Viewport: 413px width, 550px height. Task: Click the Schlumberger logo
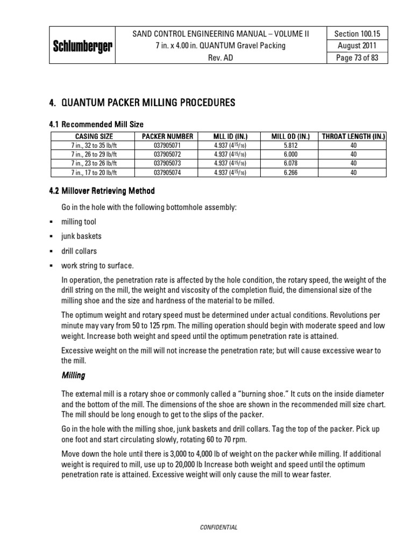coord(82,46)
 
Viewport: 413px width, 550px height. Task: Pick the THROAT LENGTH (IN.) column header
coord(353,136)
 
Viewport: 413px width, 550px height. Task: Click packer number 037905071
coord(168,145)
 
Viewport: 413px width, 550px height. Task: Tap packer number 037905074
coord(168,172)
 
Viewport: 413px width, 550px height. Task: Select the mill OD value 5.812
coord(291,145)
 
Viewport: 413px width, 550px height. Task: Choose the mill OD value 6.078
coord(291,163)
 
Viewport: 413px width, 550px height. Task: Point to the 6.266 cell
coord(291,172)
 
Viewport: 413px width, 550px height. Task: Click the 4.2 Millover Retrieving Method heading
coord(102,191)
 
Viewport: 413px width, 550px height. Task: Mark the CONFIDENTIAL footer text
coord(218,527)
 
